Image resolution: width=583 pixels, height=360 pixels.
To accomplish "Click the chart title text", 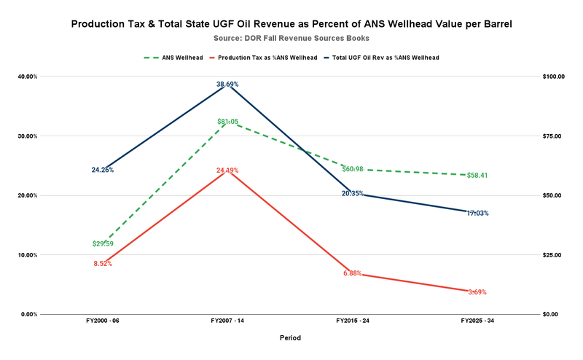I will click(x=291, y=24).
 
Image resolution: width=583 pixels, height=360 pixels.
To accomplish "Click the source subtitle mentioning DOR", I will click(x=291, y=37).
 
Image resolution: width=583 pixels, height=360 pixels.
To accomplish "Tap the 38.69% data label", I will click(x=227, y=85).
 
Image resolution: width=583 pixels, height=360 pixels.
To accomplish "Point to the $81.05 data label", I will click(x=227, y=122).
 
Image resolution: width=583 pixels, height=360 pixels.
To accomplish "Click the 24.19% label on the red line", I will click(x=227, y=171).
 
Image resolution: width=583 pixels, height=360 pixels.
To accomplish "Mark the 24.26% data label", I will click(x=102, y=170).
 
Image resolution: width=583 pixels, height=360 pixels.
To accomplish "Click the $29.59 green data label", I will click(x=103, y=243).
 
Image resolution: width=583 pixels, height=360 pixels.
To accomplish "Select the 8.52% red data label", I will click(x=103, y=263).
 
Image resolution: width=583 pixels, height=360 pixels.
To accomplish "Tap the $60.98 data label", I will click(x=353, y=169).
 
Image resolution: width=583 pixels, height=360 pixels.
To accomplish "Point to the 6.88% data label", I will click(x=353, y=273).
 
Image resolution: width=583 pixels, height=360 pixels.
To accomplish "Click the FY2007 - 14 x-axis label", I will click(x=227, y=321).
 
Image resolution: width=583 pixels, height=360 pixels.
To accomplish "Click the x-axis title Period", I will click(x=290, y=338).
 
